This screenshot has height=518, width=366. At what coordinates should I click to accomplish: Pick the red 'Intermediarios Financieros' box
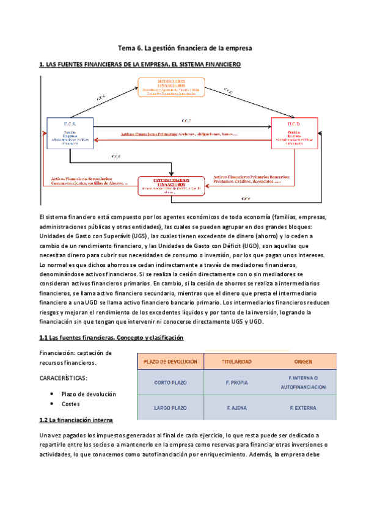point(170,186)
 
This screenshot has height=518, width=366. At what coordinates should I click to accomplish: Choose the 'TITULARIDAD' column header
point(236,362)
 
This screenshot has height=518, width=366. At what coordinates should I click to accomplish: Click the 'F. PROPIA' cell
point(236,383)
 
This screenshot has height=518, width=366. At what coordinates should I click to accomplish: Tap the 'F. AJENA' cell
point(236,407)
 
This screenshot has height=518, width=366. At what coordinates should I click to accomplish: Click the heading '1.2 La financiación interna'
point(76,420)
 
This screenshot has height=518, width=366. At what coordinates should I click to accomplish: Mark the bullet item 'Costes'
point(70,404)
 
